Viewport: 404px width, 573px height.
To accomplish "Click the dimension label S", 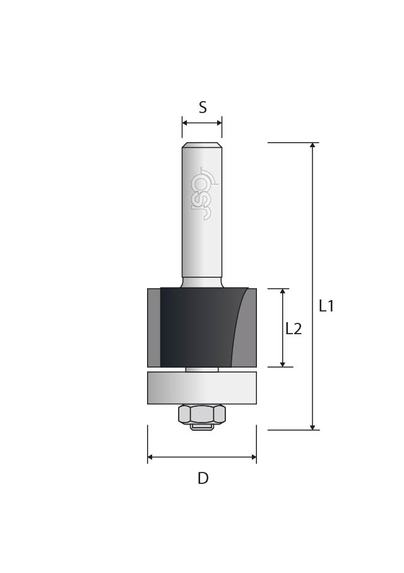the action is (x=203, y=107).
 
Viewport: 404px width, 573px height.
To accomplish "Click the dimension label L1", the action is (x=326, y=306).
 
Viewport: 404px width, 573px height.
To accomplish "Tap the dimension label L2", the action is (x=294, y=329).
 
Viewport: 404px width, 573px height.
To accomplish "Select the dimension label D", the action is (x=203, y=478).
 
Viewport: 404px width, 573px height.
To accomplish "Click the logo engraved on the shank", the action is (x=202, y=193).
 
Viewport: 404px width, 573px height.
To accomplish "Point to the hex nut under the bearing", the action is (x=202, y=414).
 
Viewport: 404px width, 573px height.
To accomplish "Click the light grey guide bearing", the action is (x=202, y=388).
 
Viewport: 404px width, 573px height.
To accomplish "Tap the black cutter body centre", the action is (x=197, y=327).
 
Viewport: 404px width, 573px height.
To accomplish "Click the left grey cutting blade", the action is (x=154, y=327).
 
